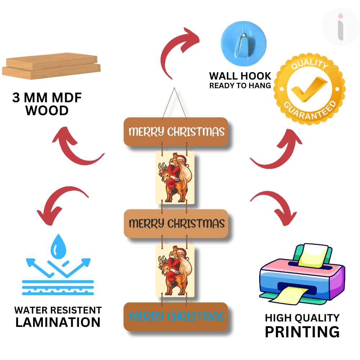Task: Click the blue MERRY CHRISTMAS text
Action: point(176,317)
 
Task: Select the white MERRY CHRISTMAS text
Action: point(176,132)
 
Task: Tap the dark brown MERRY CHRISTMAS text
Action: point(176,224)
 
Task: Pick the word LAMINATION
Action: point(58,322)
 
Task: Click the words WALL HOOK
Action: point(240,76)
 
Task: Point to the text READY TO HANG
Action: point(240,86)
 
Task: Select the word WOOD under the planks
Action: point(47,111)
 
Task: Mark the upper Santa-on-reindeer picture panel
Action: point(175,177)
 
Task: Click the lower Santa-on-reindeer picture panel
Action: point(175,270)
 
